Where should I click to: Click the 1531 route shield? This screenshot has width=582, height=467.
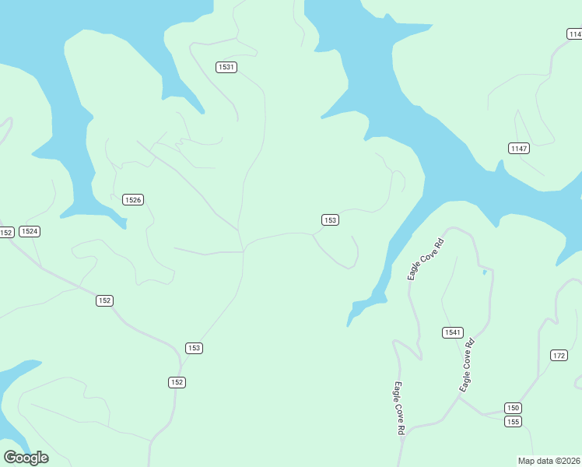click(226, 67)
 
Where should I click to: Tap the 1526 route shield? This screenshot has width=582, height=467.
click(133, 200)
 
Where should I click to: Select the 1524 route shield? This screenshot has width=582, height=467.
click(30, 231)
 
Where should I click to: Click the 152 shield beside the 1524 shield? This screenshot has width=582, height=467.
click(6, 232)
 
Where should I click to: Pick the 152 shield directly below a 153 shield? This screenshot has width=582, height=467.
click(177, 381)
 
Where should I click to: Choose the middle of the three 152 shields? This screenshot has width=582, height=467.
click(105, 300)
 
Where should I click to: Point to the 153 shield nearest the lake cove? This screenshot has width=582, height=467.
click(330, 220)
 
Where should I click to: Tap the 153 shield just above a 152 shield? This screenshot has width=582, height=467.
click(195, 348)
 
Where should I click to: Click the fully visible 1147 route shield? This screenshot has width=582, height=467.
click(519, 148)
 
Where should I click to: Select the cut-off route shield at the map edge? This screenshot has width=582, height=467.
click(574, 33)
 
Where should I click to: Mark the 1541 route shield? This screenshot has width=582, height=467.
click(453, 332)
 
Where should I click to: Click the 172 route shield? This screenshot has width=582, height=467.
click(559, 355)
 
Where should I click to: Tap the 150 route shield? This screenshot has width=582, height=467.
click(512, 408)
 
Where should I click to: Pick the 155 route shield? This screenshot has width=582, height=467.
click(512, 421)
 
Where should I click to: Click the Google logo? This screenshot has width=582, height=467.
click(26, 457)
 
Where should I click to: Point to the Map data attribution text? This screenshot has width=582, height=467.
click(549, 460)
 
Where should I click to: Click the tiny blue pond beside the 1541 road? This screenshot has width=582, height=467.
click(484, 272)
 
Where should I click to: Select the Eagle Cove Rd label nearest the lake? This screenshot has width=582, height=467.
click(426, 260)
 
